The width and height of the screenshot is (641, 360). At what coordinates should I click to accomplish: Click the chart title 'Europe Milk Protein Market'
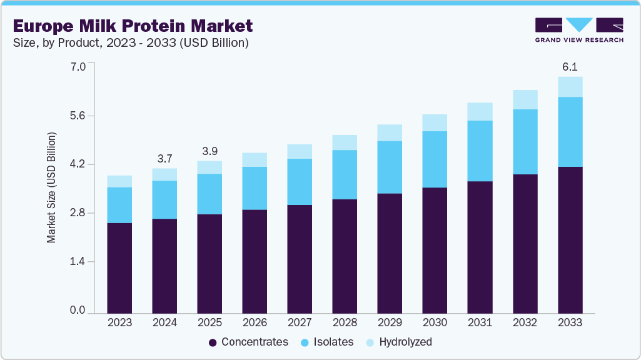click(133, 26)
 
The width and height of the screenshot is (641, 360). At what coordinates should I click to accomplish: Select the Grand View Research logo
click(578, 30)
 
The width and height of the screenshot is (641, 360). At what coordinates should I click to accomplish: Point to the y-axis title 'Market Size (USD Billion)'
click(52, 187)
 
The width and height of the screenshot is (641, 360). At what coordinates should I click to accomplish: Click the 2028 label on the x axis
click(345, 322)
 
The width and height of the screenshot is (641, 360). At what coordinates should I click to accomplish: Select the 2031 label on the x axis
click(480, 322)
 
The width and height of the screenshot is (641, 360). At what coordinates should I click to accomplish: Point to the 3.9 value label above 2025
click(209, 151)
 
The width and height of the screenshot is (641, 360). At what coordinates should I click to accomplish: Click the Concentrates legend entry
click(248, 342)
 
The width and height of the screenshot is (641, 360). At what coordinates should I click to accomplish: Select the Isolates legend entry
click(327, 342)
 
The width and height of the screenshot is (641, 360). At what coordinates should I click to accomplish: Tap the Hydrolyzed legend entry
click(398, 342)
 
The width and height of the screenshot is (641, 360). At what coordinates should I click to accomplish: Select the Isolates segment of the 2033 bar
click(570, 132)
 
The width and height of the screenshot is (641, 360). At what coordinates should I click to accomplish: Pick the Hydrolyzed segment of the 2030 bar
click(435, 122)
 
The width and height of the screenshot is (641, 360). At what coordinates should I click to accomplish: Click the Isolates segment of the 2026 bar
click(255, 188)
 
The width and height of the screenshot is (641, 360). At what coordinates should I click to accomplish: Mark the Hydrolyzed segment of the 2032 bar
click(525, 99)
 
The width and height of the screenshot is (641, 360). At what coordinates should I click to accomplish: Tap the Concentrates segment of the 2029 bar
click(390, 253)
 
